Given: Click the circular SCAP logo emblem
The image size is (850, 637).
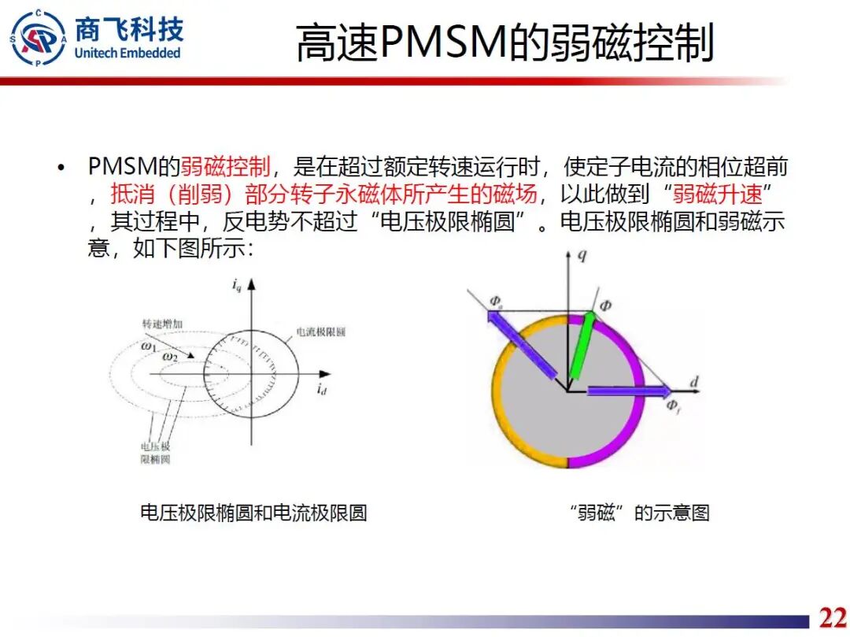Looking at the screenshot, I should pyautogui.click(x=38, y=38).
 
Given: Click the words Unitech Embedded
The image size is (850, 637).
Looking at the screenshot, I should pyautogui.click(x=128, y=54).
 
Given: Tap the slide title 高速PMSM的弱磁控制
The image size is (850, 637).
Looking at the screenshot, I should pyautogui.click(x=504, y=43).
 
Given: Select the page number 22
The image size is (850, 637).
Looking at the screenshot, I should pyautogui.click(x=833, y=617).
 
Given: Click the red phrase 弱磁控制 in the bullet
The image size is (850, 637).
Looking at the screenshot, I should pyautogui.click(x=226, y=167).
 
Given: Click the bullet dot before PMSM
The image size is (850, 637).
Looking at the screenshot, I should pyautogui.click(x=60, y=168).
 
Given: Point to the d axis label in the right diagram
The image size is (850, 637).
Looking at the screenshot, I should pyautogui.click(x=694, y=383).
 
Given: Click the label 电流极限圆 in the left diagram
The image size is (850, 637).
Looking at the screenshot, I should pyautogui.click(x=320, y=332).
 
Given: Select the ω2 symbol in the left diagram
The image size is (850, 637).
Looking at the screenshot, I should pyautogui.click(x=170, y=357).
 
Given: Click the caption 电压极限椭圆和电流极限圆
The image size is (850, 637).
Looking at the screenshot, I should pyautogui.click(x=253, y=513).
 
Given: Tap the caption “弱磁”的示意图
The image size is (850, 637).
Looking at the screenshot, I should pyautogui.click(x=638, y=513).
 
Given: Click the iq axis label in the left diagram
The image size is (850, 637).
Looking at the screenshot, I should pyautogui.click(x=237, y=285).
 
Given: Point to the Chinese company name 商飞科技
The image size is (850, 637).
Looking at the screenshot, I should pyautogui.click(x=129, y=28).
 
